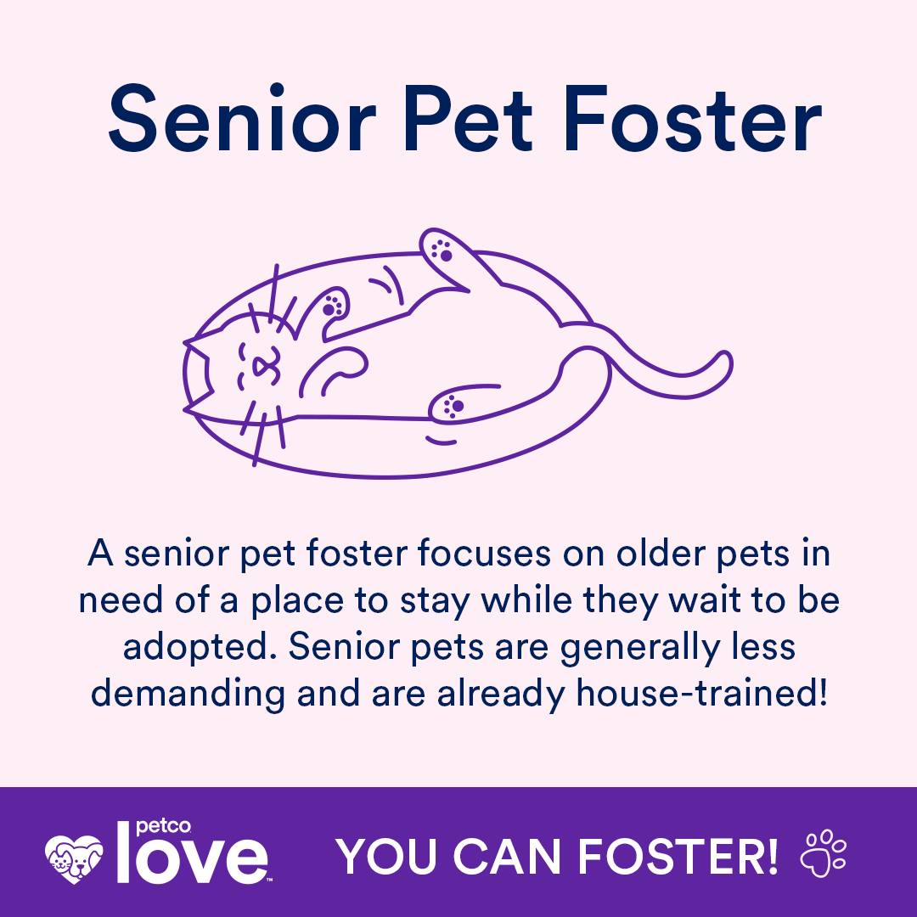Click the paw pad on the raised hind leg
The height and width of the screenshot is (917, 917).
(442, 250)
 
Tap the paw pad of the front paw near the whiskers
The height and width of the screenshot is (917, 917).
(334, 306)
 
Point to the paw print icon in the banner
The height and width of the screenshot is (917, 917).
(823, 853)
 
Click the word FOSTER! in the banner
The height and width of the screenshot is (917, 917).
(678, 856)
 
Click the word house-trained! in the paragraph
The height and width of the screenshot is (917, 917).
(702, 694)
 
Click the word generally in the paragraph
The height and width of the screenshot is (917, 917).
(640, 648)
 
